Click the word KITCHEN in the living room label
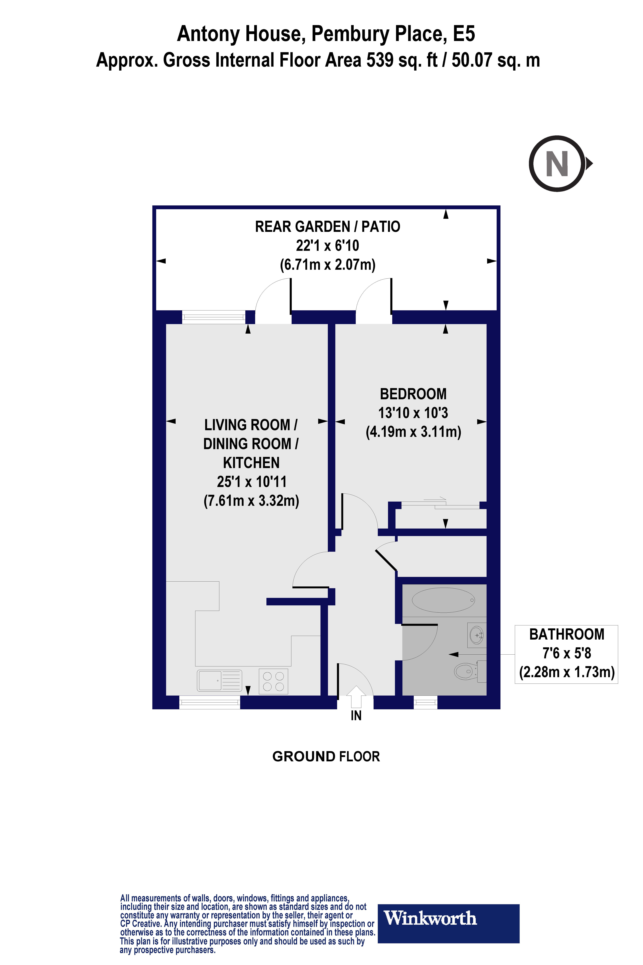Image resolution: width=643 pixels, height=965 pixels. (251, 463)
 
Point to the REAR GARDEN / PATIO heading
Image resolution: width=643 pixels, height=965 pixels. (327, 227)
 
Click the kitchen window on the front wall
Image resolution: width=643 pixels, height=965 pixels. (210, 703)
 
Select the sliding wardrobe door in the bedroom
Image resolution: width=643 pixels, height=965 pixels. (440, 505)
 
